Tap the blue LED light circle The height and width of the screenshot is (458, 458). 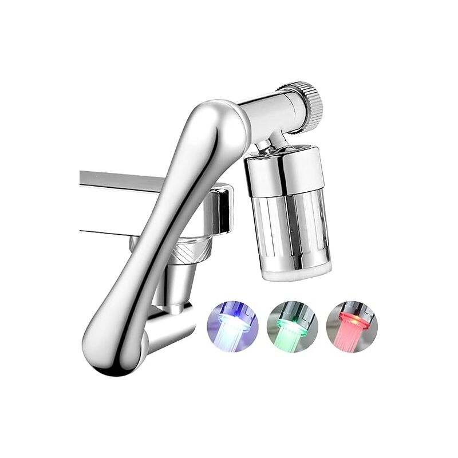(232, 326)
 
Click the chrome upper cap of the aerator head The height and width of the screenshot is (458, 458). (285, 172)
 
